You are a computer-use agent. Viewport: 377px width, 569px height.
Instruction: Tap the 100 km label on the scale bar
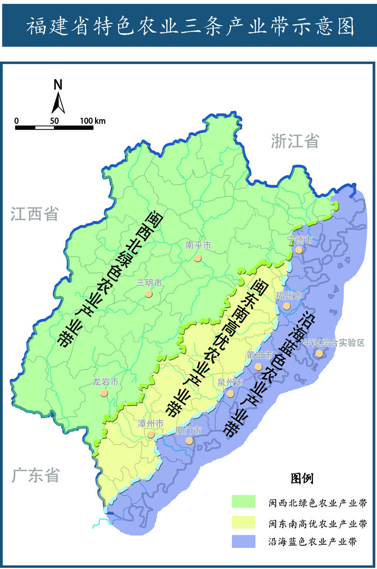point(93,121)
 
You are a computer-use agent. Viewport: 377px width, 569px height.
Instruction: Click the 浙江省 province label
point(295,141)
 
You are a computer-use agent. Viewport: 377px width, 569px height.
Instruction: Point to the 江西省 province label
point(35,214)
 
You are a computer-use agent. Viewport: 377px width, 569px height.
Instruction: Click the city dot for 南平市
point(197,257)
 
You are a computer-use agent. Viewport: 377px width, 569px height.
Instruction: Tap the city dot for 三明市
point(149,294)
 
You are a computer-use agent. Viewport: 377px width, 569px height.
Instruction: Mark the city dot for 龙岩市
point(104,393)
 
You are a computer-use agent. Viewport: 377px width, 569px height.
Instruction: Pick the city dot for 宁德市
point(299,250)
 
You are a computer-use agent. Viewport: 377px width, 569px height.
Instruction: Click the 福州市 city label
point(288,295)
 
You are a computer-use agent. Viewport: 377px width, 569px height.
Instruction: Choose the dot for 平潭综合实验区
point(320,354)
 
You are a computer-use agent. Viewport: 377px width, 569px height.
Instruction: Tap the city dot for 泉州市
point(230,393)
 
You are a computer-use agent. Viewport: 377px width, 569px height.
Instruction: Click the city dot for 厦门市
point(189,440)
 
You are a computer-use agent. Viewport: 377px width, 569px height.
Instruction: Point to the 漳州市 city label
point(150,423)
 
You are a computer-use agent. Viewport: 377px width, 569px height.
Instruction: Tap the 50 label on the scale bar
point(54,121)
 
